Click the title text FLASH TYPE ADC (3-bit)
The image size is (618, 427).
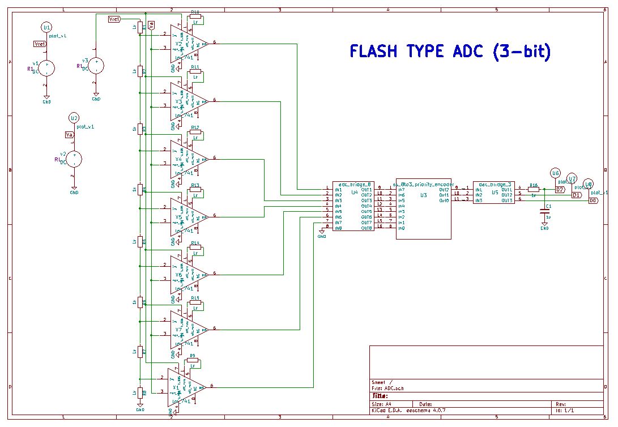coord(450,52)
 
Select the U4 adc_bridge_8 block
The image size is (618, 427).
coord(353,207)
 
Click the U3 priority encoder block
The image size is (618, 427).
coord(423,211)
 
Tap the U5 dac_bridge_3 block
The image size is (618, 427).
coord(493,193)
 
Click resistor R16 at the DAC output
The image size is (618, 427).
coord(533,190)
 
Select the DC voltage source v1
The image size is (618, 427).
coord(46,68)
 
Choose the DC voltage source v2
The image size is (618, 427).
coord(74,159)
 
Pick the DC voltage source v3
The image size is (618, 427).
coord(96,66)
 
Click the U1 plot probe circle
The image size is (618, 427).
coord(46,27)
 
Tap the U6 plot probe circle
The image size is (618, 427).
coord(555,173)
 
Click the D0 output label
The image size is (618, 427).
coord(593,200)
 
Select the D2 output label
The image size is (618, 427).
coord(560,190)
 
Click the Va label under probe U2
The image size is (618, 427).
coord(69,135)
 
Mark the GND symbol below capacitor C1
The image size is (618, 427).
coord(544,227)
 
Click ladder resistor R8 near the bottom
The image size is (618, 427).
coord(140,392)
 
